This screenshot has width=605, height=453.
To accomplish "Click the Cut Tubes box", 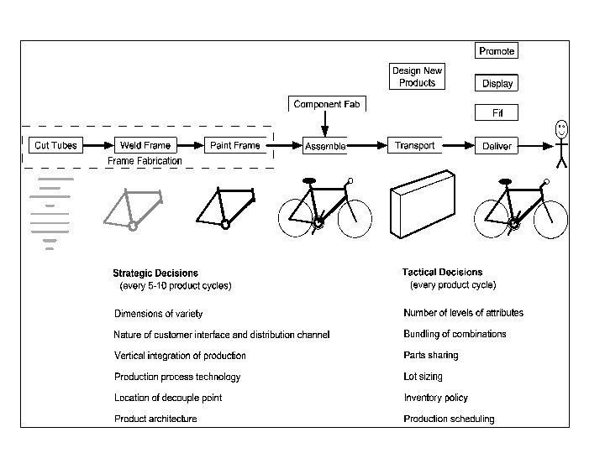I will coord(55,145).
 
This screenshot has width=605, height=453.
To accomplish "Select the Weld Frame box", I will coord(145,145).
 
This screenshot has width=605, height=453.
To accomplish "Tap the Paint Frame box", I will coord(234,145).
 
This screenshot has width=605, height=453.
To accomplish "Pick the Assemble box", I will coord(325,146).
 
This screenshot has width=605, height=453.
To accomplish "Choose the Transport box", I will coord(415,145).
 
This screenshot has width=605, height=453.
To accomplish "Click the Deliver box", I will coord(497,146).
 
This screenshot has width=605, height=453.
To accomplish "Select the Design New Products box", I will coord(418,76).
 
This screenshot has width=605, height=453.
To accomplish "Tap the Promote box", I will coord(497,51).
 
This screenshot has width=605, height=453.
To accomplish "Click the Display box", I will coord(497,84).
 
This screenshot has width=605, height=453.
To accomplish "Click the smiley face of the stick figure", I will coord(561,129).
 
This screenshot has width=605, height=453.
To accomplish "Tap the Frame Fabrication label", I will coord(145,160).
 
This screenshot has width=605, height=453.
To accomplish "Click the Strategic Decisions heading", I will coord(155,273).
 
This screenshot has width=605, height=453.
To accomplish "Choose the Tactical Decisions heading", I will coord(442,272).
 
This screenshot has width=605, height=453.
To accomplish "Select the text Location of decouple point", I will coord(168,398).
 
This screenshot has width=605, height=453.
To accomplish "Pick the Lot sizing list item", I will coord(423,377).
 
